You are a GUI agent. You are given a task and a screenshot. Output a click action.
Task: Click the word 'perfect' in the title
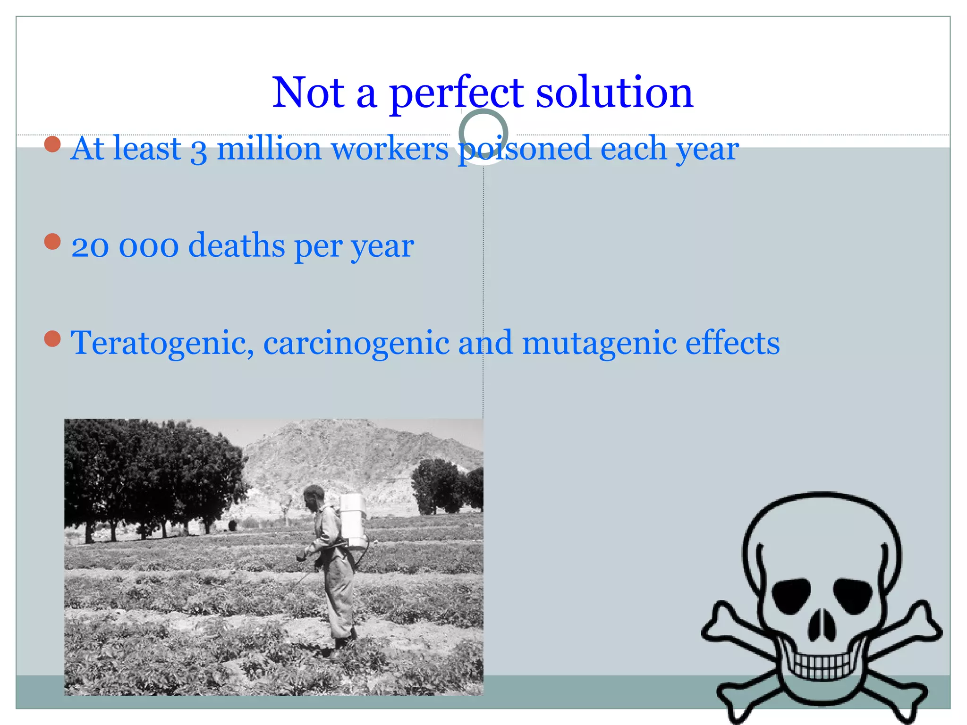[456, 93]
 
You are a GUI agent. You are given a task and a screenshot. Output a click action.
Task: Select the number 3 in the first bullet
[199, 150]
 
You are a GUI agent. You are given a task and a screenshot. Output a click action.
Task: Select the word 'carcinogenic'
[356, 343]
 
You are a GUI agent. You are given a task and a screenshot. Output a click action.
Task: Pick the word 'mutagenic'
[599, 343]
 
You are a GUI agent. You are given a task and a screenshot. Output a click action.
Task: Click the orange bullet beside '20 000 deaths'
[52, 242]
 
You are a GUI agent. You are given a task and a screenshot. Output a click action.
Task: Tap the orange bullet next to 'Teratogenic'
[52, 338]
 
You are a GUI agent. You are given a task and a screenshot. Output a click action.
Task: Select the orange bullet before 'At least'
[52, 144]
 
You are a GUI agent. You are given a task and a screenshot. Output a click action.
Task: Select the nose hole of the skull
[822, 625]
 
